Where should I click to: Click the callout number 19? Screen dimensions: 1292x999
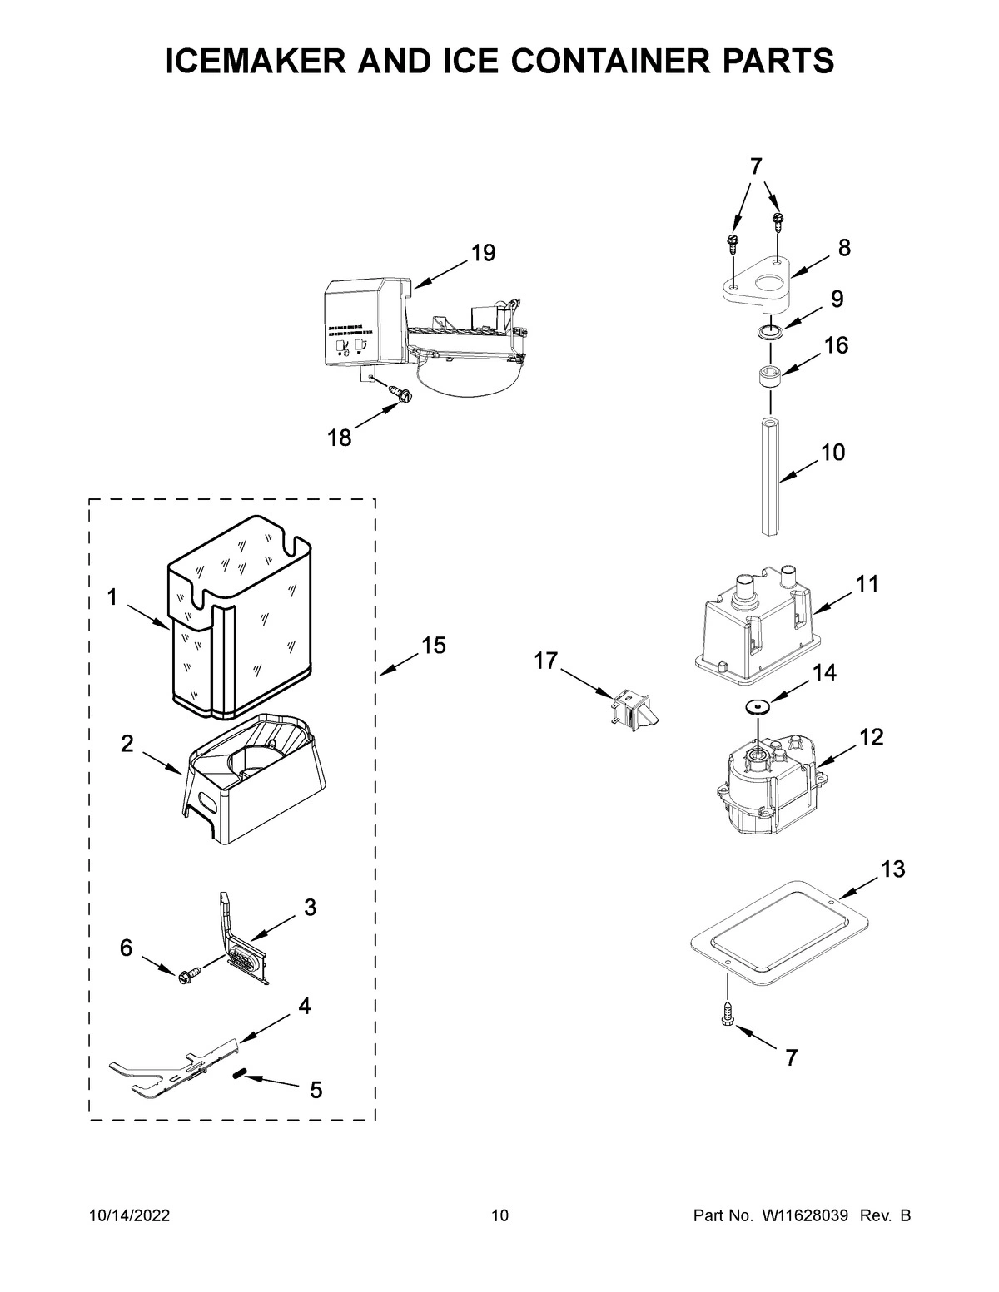coord(483,253)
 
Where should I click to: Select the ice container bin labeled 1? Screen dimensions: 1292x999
coord(239,620)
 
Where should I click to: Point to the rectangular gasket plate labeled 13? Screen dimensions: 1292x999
coord(779,928)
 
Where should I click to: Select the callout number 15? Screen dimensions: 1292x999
coord(433,645)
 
